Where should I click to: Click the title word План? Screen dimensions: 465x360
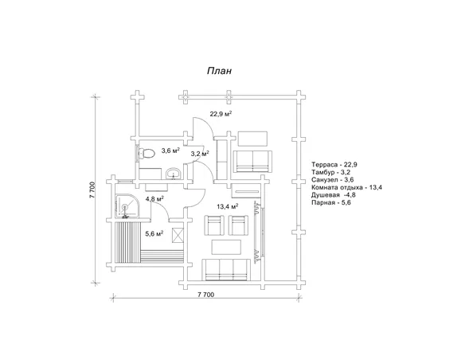(219, 71)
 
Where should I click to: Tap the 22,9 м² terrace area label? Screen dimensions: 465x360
(221, 114)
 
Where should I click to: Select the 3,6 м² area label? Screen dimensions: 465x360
(170, 151)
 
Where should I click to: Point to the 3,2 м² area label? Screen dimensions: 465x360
(200, 154)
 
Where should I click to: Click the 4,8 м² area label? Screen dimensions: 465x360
(154, 198)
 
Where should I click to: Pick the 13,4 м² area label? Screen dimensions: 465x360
(228, 206)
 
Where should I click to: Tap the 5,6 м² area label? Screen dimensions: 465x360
(154, 234)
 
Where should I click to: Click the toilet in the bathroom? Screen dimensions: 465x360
(147, 154)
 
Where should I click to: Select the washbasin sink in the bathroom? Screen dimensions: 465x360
(173, 174)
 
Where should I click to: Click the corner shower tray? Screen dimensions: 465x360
(127, 205)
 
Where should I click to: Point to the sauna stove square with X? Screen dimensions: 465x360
(178, 236)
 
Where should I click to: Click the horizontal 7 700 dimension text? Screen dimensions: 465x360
(205, 295)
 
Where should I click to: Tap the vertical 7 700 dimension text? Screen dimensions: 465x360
(92, 190)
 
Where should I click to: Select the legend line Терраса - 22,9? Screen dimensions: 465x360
(334, 165)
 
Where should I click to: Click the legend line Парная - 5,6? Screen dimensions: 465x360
(331, 203)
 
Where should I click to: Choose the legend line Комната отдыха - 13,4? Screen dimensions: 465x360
(346, 187)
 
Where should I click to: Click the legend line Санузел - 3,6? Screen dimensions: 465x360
(333, 180)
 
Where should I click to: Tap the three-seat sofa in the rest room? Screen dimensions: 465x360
(226, 269)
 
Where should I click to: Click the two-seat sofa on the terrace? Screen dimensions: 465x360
(252, 162)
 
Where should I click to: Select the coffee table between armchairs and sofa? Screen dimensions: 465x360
(226, 247)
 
